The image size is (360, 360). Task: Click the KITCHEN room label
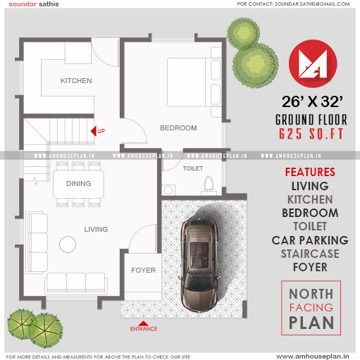click(76, 81)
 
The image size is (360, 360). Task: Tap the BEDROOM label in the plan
click(178, 128)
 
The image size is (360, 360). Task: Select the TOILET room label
click(193, 168)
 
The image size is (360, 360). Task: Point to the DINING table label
click(78, 183)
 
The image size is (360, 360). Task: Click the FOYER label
click(144, 270)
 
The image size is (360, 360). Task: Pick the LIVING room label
click(96, 229)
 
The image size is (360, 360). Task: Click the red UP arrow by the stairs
click(94, 131)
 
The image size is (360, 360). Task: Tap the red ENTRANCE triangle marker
click(144, 323)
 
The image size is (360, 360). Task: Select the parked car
click(200, 265)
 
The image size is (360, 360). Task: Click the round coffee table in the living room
click(68, 244)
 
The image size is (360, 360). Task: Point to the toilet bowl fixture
click(209, 183)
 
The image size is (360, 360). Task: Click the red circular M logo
click(313, 63)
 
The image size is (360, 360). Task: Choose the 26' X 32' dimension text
click(312, 101)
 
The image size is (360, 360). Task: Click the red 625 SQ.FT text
click(311, 134)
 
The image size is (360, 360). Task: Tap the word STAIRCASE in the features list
click(310, 254)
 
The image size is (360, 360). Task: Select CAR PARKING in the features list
click(310, 240)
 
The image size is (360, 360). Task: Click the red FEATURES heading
click(310, 172)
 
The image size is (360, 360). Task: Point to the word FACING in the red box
click(311, 307)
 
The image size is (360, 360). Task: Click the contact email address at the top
click(312, 4)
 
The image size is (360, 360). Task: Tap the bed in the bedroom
click(194, 82)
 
